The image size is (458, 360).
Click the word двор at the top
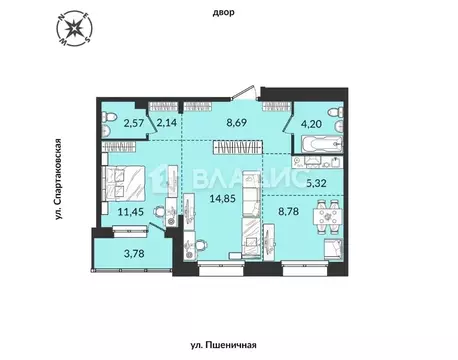(x=228, y=13)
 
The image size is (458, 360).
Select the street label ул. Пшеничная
(x=228, y=345)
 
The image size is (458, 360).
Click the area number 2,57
(x=134, y=124)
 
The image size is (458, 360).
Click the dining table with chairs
(x=323, y=212)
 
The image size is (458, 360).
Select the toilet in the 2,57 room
(x=109, y=123)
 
